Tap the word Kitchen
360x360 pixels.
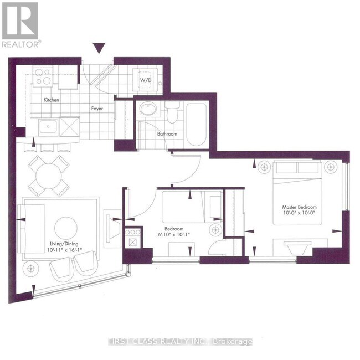click(x=52, y=100)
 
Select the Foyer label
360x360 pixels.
click(x=98, y=109)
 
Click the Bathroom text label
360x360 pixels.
click(x=166, y=134)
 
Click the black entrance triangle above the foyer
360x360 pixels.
click(x=99, y=49)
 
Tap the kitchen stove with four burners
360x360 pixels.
click(x=43, y=76)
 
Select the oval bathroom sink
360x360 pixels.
click(x=148, y=109)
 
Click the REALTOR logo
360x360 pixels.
click(x=20, y=25)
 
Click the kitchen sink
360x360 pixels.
click(x=48, y=126)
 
